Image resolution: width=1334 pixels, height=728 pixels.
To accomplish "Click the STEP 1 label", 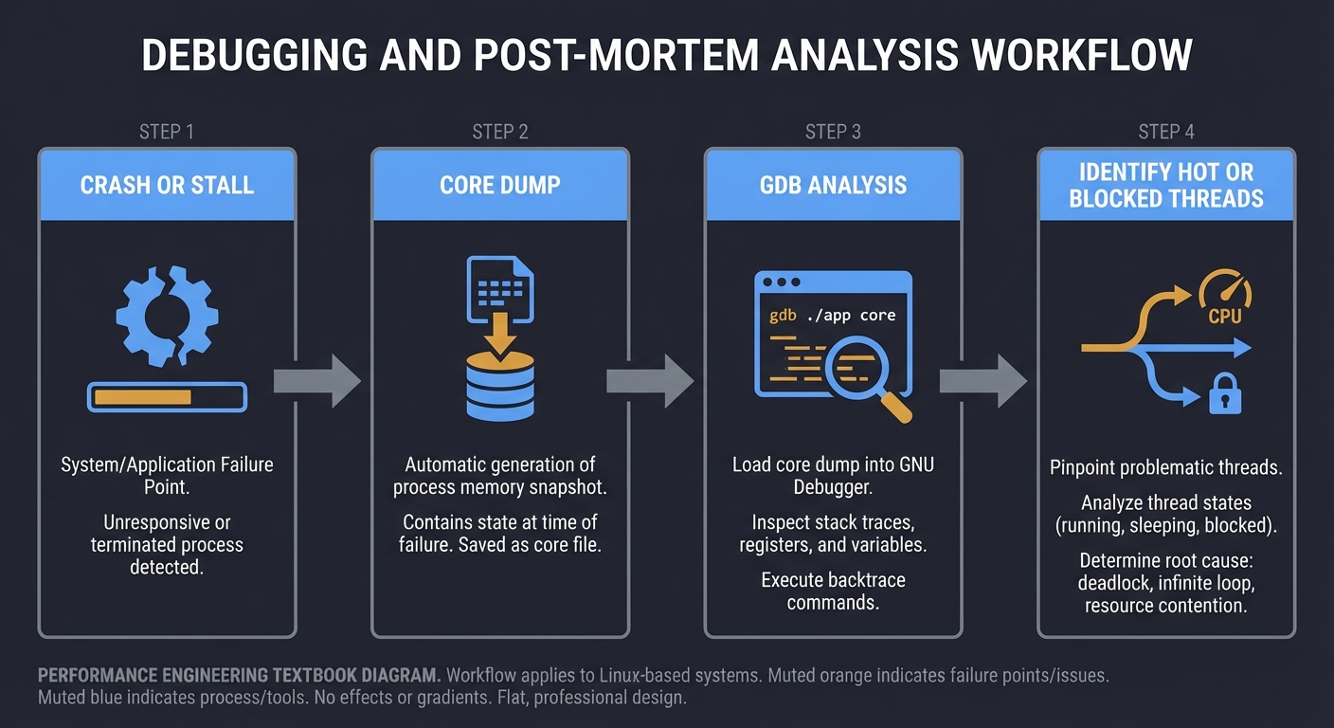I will pyautogui.click(x=167, y=132).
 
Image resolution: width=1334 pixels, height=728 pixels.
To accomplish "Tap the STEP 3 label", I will pyautogui.click(x=833, y=132).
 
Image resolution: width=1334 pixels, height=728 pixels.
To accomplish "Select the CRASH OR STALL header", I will pyautogui.click(x=167, y=185).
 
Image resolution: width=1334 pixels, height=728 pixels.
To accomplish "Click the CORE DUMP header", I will pyautogui.click(x=500, y=185).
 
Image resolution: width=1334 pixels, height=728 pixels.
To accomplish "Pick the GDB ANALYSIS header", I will pyautogui.click(x=833, y=185).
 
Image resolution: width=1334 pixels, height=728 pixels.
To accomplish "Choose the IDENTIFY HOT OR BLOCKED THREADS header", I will pyautogui.click(x=1166, y=185).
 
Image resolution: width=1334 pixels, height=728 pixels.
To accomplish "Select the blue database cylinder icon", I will pyautogui.click(x=500, y=385).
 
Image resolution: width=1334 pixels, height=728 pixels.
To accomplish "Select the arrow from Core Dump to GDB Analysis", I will pyautogui.click(x=651, y=380).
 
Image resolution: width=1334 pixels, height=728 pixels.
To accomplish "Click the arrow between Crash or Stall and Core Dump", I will pyautogui.click(x=317, y=380).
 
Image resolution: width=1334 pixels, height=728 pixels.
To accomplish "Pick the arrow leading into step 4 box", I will pyautogui.click(x=983, y=380).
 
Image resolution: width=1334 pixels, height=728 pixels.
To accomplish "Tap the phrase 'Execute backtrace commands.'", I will pyautogui.click(x=833, y=591).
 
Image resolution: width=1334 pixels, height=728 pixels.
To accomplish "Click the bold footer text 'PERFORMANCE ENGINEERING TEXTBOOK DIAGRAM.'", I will pyautogui.click(x=239, y=676).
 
